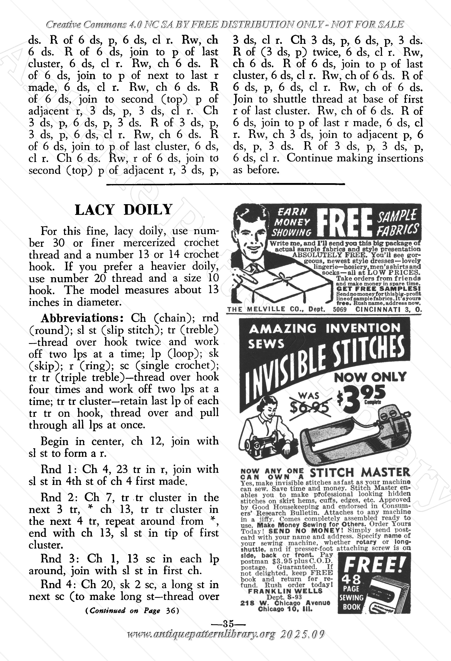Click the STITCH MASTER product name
pyautogui.click(x=360, y=472)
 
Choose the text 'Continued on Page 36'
pyautogui.click(x=132, y=611)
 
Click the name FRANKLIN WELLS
pyautogui.click(x=285, y=591)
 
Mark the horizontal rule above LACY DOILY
pyautogui.click(x=225, y=184)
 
